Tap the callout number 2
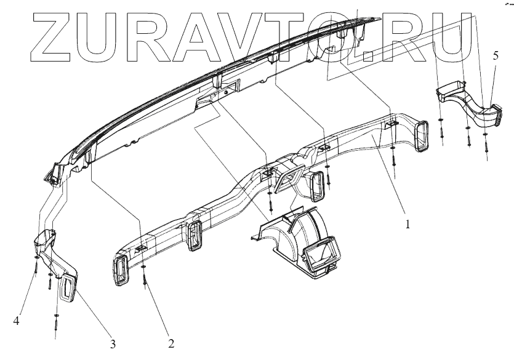tap(171, 342)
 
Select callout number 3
tap(113, 343)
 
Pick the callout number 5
tap(496, 55)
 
